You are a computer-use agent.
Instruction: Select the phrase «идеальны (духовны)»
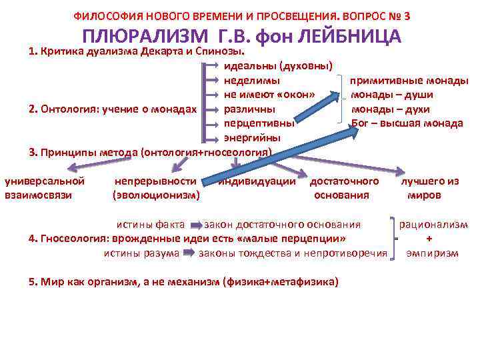tap(279, 65)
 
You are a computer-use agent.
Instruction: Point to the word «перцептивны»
tap(259, 123)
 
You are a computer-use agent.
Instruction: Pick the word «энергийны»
tap(252, 137)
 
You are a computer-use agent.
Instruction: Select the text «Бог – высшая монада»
tap(407, 123)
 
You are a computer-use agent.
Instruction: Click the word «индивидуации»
tap(257, 181)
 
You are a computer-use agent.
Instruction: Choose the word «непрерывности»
tap(155, 181)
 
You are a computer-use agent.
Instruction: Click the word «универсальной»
tap(45, 181)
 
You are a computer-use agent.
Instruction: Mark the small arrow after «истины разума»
tap(188, 253)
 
